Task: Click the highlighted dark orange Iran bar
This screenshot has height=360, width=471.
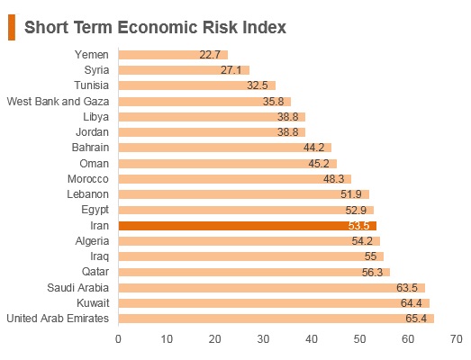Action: click(x=248, y=226)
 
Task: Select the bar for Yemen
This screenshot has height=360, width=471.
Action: click(x=173, y=55)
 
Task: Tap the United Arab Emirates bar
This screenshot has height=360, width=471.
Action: click(x=276, y=319)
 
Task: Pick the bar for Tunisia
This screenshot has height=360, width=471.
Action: click(x=197, y=85)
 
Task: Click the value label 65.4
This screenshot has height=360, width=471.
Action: click(x=416, y=319)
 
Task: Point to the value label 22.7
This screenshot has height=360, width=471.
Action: click(x=210, y=55)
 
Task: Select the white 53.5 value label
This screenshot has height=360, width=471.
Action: click(x=358, y=226)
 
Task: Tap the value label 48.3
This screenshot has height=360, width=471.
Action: click(x=334, y=179)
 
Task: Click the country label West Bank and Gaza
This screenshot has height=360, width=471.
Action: click(x=58, y=102)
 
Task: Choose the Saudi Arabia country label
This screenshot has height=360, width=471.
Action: click(x=77, y=288)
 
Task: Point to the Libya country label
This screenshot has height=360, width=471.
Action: click(x=95, y=117)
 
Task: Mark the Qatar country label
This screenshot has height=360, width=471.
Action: click(x=95, y=272)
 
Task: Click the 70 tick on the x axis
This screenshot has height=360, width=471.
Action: click(x=457, y=339)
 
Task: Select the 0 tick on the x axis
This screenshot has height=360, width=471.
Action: click(x=118, y=339)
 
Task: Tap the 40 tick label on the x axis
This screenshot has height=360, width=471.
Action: click(x=312, y=339)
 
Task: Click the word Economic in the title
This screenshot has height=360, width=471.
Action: click(x=158, y=27)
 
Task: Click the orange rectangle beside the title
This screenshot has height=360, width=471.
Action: click(x=12, y=27)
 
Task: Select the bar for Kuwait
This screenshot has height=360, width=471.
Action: click(x=274, y=303)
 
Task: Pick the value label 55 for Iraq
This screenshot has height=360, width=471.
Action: click(x=370, y=256)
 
